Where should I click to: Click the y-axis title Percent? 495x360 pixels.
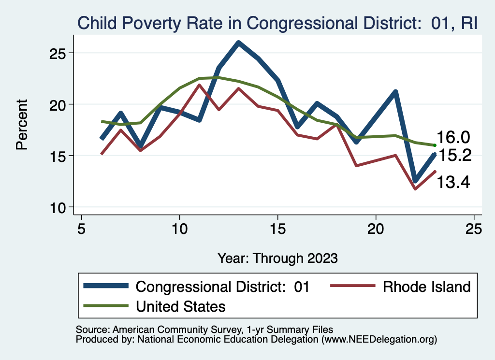click(22, 125)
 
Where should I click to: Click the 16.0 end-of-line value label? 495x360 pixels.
click(453, 138)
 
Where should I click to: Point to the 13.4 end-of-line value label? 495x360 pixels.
click(453, 182)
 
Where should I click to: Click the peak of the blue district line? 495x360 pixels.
click(238, 43)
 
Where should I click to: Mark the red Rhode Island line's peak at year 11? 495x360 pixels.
click(199, 85)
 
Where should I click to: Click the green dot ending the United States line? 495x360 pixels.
click(435, 145)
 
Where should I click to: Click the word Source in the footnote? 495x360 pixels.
click(91, 330)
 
